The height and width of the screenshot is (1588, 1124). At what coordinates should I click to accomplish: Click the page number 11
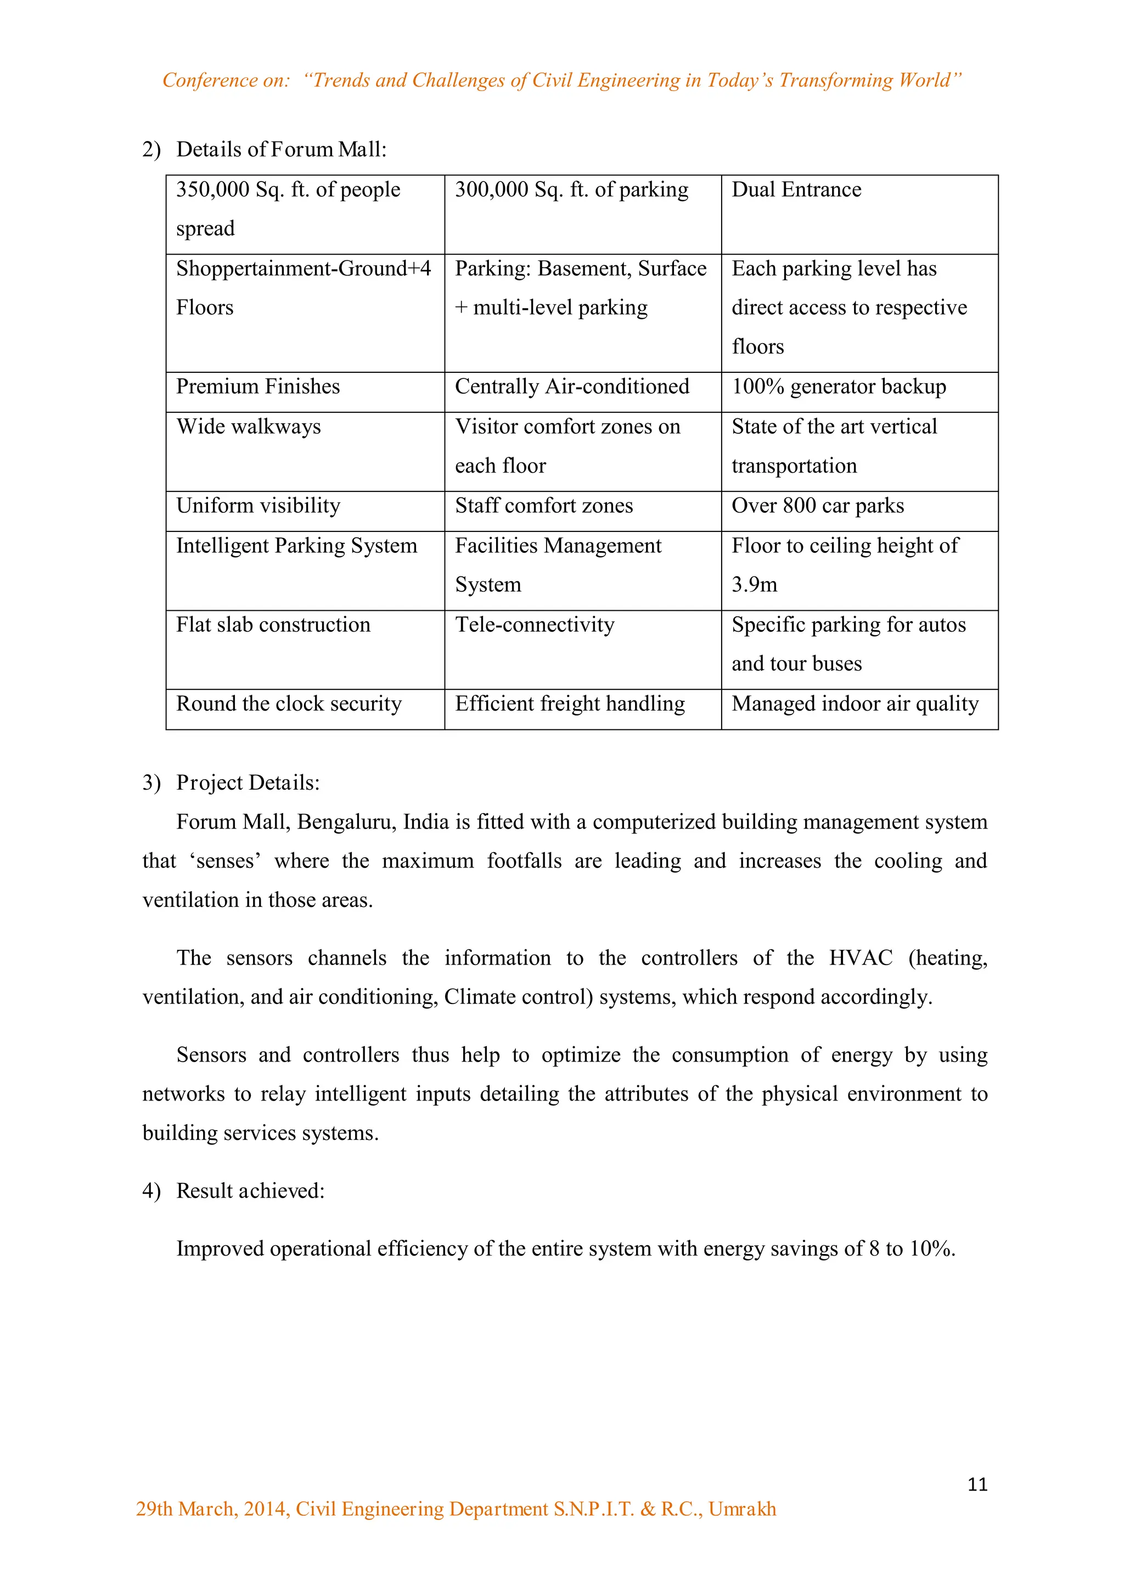coord(976,1484)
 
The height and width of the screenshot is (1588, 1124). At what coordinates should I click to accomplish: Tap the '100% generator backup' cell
coord(838,387)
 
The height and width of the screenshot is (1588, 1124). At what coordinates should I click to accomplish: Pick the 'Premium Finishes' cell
coord(257,387)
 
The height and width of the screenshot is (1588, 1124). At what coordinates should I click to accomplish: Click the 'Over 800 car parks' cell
coord(817,506)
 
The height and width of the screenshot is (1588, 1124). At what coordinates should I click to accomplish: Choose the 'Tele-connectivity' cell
coord(535,625)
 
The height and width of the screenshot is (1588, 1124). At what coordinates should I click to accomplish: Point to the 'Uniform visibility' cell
coord(257,506)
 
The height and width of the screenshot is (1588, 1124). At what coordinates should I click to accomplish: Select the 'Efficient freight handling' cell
coord(570,704)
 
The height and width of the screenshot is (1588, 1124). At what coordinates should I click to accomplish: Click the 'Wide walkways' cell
coord(249,427)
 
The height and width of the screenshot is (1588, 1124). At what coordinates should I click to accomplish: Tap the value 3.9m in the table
coord(755,585)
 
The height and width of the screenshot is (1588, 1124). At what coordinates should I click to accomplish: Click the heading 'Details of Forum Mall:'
coord(281,149)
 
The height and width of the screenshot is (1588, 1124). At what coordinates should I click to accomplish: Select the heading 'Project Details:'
coord(248,783)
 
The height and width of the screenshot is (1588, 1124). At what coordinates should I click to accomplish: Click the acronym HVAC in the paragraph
coord(861,958)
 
